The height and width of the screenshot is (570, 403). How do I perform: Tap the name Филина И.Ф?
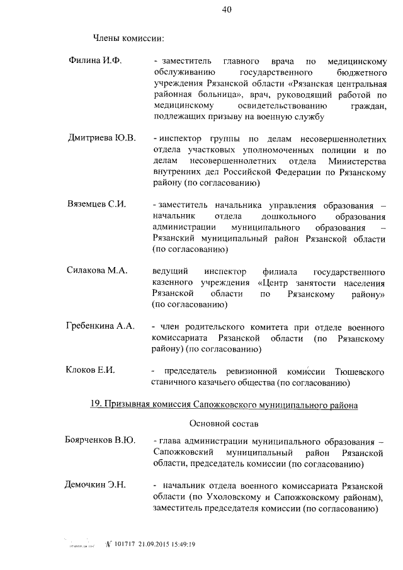[x=94, y=61]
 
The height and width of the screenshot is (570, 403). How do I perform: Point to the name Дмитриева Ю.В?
[x=101, y=139]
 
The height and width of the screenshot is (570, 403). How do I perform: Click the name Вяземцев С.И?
[x=97, y=204]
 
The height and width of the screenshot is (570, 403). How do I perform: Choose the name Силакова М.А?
[x=97, y=270]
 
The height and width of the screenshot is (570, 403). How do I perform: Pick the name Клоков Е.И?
[x=91, y=370]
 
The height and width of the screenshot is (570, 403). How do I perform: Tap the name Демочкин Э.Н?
[x=96, y=484]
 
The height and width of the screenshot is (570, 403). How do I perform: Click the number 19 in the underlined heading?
[x=96, y=406]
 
